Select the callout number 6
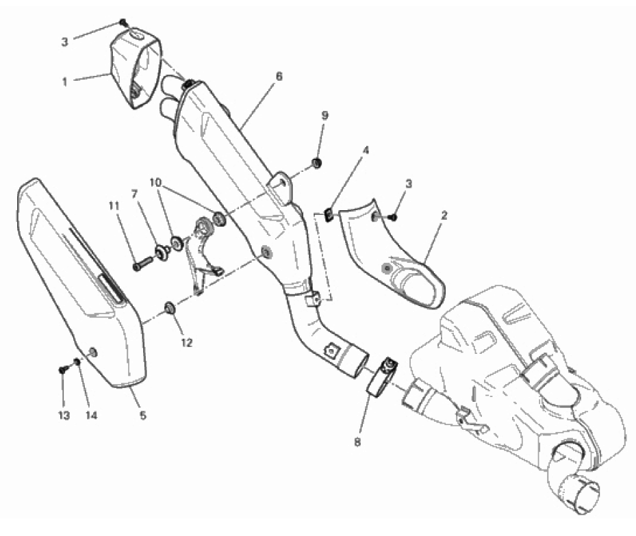click(x=277, y=77)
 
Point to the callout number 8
click(x=357, y=443)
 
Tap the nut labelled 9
click(x=318, y=163)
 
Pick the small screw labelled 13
click(x=62, y=370)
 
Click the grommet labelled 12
click(x=168, y=304)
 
